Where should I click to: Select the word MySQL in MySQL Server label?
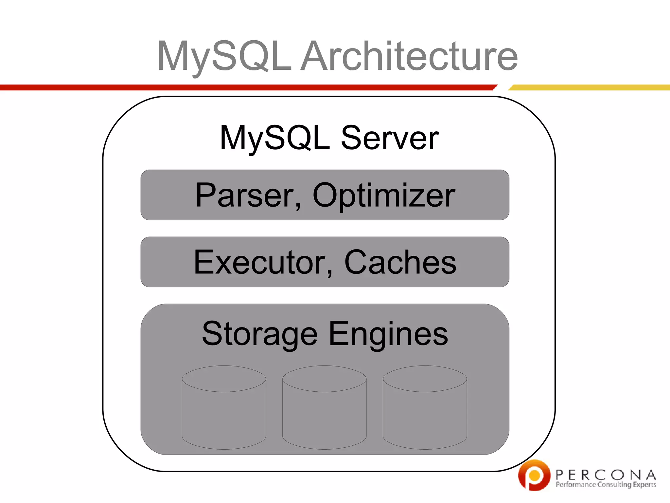(x=275, y=138)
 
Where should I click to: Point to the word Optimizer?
(x=384, y=196)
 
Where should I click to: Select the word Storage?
(x=259, y=334)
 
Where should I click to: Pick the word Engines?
(x=388, y=334)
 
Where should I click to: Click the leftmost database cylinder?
(x=224, y=408)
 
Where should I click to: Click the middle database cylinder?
(x=324, y=408)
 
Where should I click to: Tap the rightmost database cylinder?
(x=425, y=408)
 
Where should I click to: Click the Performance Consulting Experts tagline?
(x=606, y=485)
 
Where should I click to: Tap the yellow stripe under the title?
(x=589, y=87)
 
